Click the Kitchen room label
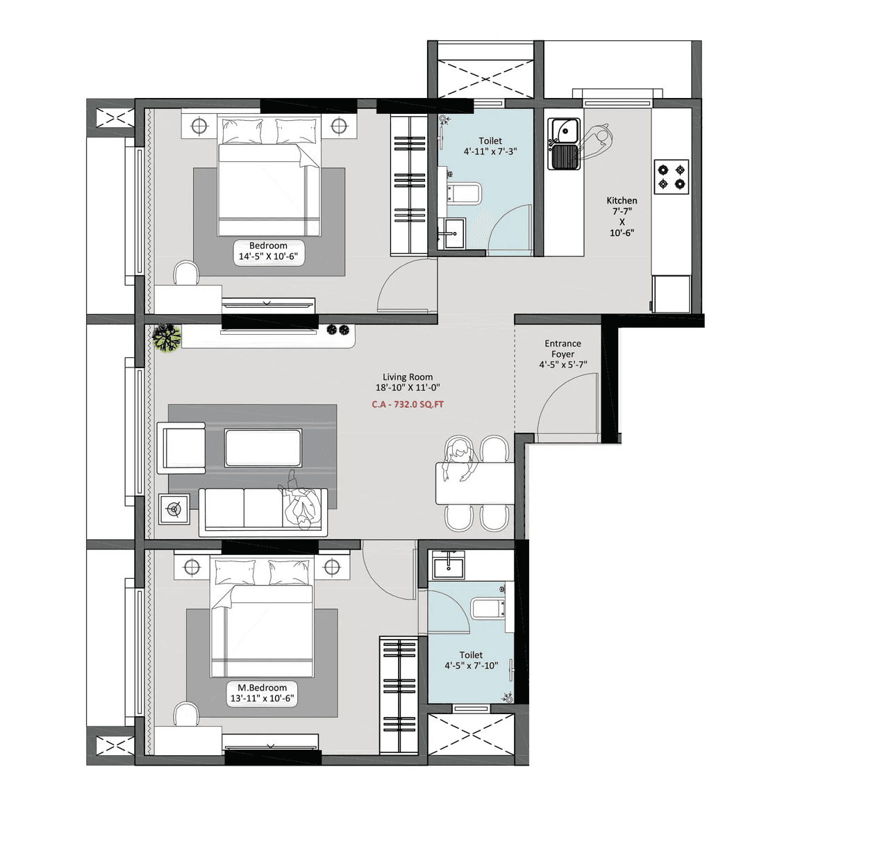coord(622,201)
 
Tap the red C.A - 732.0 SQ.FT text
coord(408,404)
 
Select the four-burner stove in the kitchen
coord(671,176)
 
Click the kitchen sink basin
coord(564,131)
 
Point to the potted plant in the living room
coord(167,338)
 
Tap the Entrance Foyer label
coord(563,349)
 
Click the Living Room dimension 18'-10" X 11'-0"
coord(408,388)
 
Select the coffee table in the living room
coord(263,448)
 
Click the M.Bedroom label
coord(262,688)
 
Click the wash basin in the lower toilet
coord(449,566)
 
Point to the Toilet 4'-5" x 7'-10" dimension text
coord(471,666)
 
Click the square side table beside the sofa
coord(174,510)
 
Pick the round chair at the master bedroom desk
coord(186,714)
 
